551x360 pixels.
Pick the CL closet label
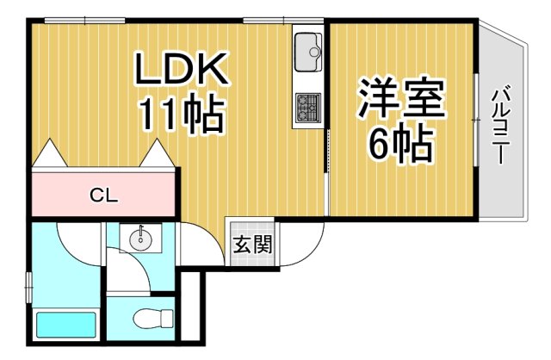click(104, 195)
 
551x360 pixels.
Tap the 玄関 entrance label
click(252, 244)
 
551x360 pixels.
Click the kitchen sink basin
click(307, 53)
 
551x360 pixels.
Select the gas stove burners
click(307, 107)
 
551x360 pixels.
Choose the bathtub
click(65, 326)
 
